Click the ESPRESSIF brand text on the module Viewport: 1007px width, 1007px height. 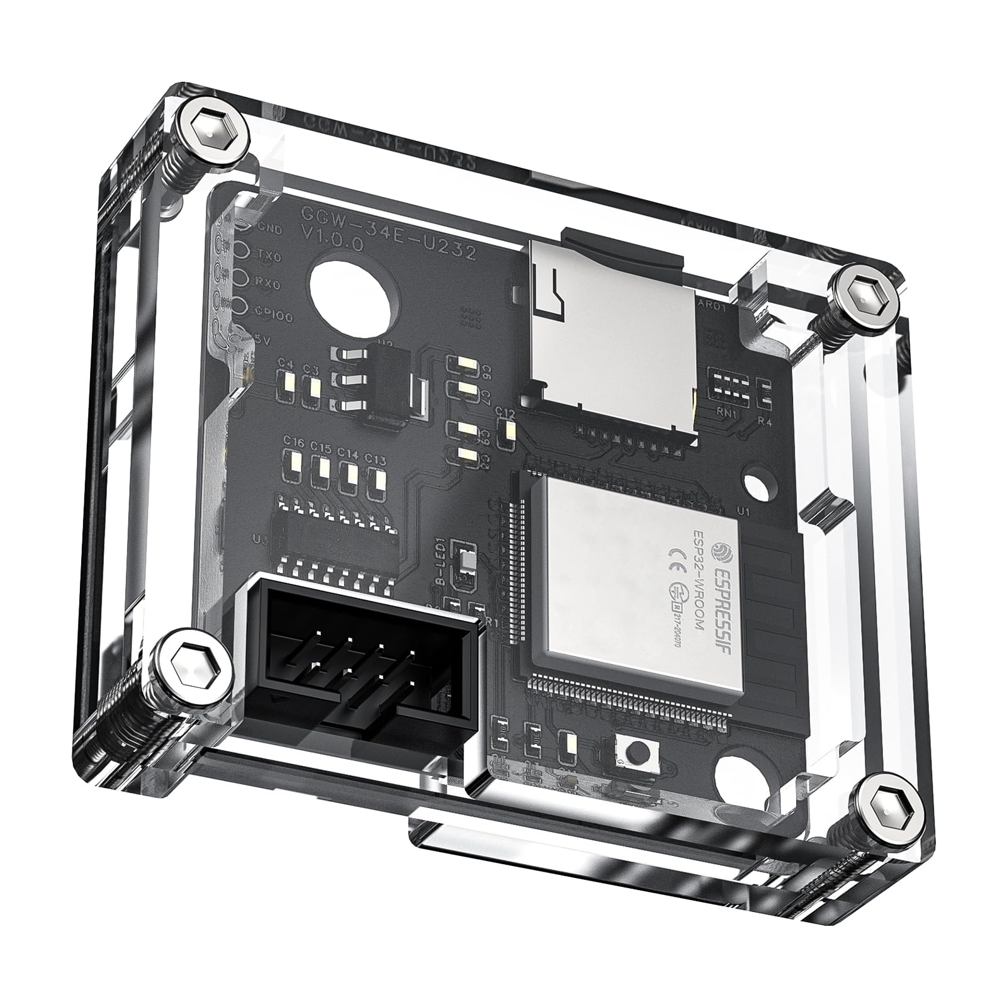(x=724, y=585)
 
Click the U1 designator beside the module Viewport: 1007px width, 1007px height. (x=744, y=512)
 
